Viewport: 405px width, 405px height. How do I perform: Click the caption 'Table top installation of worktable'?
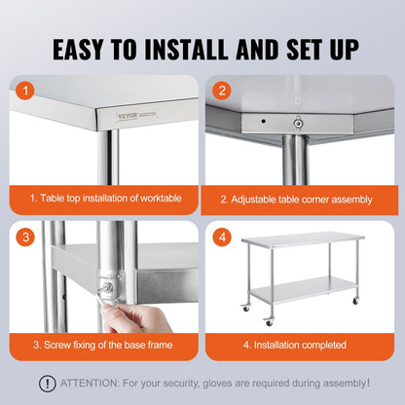[104, 198]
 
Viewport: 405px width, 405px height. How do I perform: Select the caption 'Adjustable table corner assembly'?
[296, 198]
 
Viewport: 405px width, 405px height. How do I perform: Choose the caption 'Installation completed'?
[296, 343]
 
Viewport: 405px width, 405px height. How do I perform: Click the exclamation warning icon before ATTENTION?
[47, 384]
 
